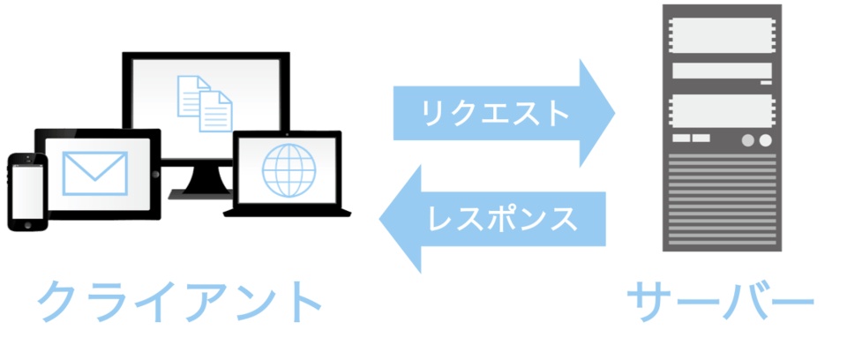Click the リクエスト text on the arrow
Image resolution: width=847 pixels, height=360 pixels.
coord(483,113)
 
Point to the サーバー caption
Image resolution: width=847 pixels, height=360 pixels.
coord(720,302)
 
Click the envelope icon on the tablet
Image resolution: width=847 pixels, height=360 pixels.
coord(95,170)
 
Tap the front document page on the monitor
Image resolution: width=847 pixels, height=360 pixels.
coord(214,111)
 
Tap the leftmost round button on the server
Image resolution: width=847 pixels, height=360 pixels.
coord(746,140)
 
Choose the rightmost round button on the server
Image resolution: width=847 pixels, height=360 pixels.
coord(765,140)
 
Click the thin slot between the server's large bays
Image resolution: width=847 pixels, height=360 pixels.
coord(723,71)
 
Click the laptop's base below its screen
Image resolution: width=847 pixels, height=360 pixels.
coord(288,212)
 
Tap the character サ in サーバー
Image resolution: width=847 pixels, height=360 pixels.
coord(648,302)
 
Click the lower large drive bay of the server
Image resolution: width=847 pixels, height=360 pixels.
coord(723,110)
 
